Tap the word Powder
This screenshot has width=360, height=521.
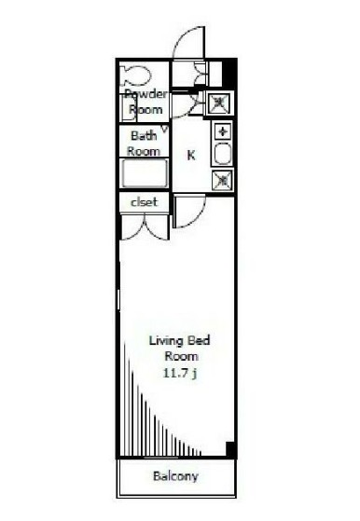click(x=146, y=94)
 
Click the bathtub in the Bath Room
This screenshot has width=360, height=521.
click(x=145, y=173)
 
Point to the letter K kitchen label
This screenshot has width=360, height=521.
click(x=191, y=156)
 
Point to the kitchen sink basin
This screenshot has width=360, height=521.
click(x=223, y=154)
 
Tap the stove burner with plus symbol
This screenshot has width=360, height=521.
click(x=223, y=130)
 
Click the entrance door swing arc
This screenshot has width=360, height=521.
click(x=187, y=40)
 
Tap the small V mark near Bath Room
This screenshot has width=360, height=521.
click(x=165, y=128)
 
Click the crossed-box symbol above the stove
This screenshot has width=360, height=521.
click(x=221, y=103)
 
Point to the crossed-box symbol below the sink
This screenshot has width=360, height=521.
click(x=223, y=180)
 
